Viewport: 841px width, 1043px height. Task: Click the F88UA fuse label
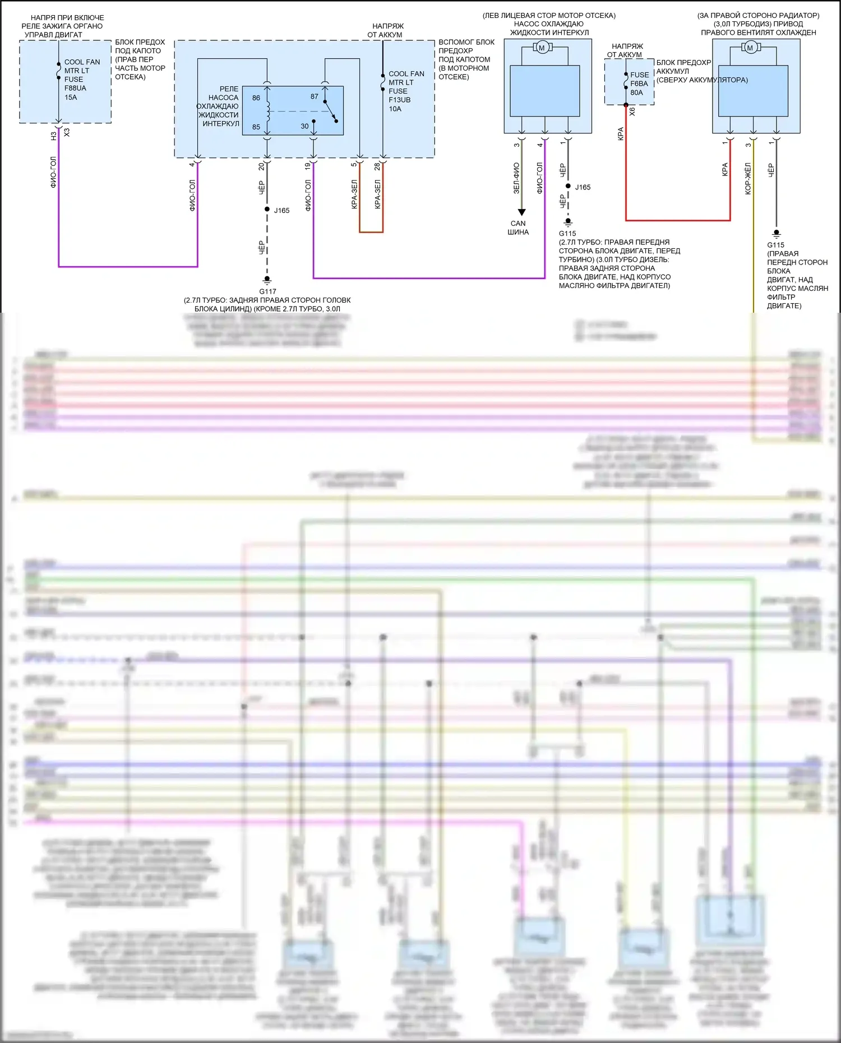(75, 88)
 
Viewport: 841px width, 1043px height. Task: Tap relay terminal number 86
(256, 98)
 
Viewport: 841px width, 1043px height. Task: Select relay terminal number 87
(315, 96)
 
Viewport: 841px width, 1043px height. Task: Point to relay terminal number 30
(304, 126)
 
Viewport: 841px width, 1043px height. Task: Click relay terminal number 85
(256, 127)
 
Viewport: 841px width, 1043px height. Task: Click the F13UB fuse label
(399, 100)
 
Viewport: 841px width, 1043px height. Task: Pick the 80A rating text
(636, 92)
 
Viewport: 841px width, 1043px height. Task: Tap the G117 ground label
(267, 291)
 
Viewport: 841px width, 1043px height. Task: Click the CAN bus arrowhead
(521, 212)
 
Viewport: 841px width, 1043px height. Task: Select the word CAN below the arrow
(518, 223)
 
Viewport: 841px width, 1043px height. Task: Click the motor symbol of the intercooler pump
(542, 48)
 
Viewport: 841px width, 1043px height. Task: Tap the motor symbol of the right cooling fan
(750, 48)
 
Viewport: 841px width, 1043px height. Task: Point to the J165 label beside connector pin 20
(281, 211)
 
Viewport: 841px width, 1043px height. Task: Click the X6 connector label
(632, 112)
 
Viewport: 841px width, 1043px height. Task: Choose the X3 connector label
(67, 132)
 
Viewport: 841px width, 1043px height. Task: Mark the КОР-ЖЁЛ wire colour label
(748, 179)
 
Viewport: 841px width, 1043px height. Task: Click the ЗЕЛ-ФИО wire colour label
(516, 178)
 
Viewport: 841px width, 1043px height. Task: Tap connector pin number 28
(377, 166)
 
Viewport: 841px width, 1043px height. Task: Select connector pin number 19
(308, 166)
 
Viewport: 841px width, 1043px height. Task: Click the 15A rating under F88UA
(71, 97)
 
